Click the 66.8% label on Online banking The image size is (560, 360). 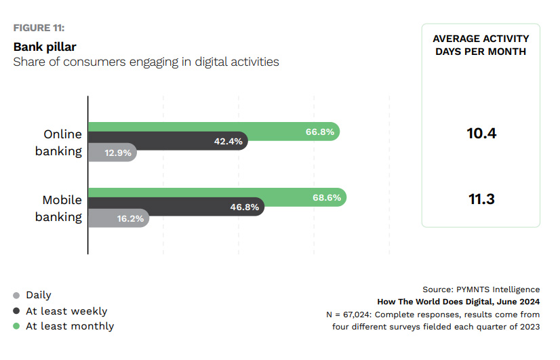point(320,132)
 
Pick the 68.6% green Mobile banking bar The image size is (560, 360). point(217,197)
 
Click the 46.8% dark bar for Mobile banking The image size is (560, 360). point(176,207)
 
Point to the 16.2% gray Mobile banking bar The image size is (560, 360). point(119,219)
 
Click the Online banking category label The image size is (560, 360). point(59,142)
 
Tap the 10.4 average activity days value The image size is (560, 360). point(481,134)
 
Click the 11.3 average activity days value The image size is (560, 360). point(481,199)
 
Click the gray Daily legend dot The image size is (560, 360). point(16,296)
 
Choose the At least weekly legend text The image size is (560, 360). point(66,311)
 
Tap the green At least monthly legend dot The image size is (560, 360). point(16,327)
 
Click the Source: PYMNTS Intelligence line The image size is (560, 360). point(481,289)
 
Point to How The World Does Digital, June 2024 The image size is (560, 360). point(458,302)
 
